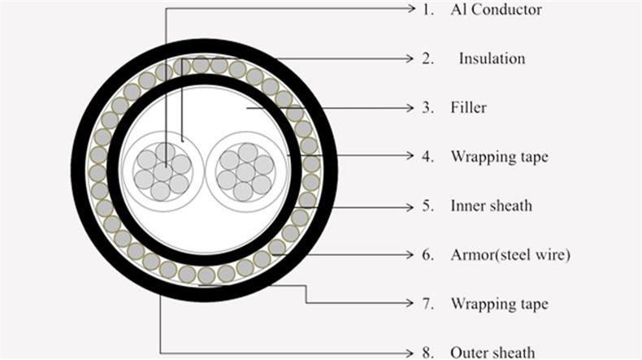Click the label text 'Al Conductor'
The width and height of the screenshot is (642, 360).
(x=496, y=10)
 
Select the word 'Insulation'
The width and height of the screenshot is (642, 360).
(x=492, y=59)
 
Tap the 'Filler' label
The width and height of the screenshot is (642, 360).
(x=468, y=108)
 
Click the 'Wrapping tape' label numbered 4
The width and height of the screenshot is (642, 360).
(x=499, y=157)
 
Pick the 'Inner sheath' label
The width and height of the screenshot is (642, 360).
(x=492, y=206)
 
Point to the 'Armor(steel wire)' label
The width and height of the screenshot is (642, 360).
(x=510, y=255)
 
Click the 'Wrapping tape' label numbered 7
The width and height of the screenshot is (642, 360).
(x=499, y=304)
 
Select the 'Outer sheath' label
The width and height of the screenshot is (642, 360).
(x=492, y=353)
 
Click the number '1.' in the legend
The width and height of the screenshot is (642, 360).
(x=428, y=10)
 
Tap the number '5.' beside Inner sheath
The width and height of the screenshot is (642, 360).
(x=427, y=206)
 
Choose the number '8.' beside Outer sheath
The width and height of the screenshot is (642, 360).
(x=427, y=353)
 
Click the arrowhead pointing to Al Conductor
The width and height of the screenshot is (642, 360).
(x=411, y=8)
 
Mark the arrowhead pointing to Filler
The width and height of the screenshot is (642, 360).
(x=410, y=108)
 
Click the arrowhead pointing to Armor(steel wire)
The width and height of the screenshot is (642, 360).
(x=410, y=254)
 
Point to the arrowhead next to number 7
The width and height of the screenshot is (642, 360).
(x=410, y=303)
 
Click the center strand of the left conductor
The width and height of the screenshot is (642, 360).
(x=163, y=171)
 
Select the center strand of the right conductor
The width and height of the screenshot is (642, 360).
(x=245, y=172)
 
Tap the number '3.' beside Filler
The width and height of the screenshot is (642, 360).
(x=427, y=108)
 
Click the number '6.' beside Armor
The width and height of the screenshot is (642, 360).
(x=427, y=255)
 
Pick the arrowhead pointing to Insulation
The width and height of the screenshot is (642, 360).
(x=410, y=59)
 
